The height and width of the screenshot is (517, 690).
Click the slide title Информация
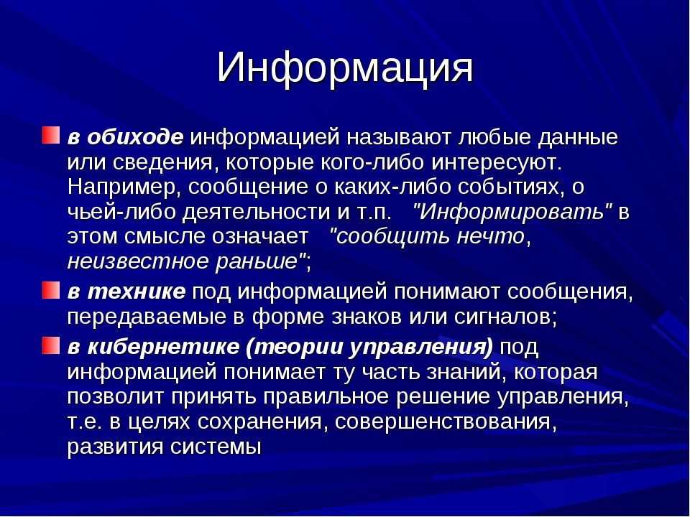[x=344, y=69]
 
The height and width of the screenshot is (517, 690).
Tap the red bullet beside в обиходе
[x=50, y=136]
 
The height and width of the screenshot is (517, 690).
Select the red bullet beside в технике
[x=50, y=290]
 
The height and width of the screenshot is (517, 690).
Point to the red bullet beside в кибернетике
[x=50, y=345]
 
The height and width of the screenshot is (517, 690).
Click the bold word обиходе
[x=135, y=137]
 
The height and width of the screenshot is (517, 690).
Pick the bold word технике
[x=137, y=292]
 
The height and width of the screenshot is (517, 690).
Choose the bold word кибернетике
[x=163, y=347]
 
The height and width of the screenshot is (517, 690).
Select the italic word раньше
[x=257, y=261]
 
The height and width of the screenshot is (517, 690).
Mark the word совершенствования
[x=443, y=421]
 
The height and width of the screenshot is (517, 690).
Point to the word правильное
[x=326, y=397]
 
